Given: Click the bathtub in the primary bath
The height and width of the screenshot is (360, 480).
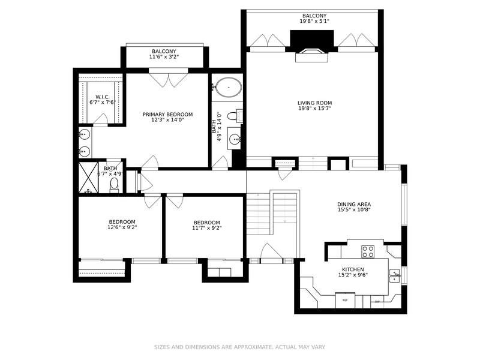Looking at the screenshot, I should (228, 88).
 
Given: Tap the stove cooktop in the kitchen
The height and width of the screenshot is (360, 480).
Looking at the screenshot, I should (368, 250).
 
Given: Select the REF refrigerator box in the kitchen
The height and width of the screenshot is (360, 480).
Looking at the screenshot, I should (345, 299).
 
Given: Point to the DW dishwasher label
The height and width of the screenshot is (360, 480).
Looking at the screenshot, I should (377, 301).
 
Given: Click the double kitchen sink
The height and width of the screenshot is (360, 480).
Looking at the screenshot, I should (394, 276).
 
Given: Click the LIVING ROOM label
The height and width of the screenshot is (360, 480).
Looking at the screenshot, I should (315, 103).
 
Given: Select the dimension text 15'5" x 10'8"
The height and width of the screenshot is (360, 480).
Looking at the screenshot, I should (353, 210).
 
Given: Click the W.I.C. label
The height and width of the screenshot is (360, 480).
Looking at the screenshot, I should (101, 97).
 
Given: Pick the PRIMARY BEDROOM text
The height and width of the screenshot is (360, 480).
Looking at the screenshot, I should (167, 114).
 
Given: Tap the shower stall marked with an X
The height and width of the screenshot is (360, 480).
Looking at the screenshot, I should (88, 178).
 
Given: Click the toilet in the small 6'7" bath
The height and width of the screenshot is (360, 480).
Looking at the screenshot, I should (114, 185).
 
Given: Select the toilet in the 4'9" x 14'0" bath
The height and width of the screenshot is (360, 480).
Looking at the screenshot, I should (238, 115).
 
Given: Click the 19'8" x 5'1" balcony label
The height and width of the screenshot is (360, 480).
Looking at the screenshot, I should (314, 21).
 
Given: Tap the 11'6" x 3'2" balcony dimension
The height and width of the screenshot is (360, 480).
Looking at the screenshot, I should (164, 57).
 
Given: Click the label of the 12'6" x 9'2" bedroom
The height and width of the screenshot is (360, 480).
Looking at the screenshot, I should (122, 221).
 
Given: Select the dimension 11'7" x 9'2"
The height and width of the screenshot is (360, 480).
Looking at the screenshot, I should (206, 227).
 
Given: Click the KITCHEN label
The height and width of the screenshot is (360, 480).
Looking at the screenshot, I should (353, 270).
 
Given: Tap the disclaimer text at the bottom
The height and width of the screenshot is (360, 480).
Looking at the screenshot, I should (240, 347).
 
